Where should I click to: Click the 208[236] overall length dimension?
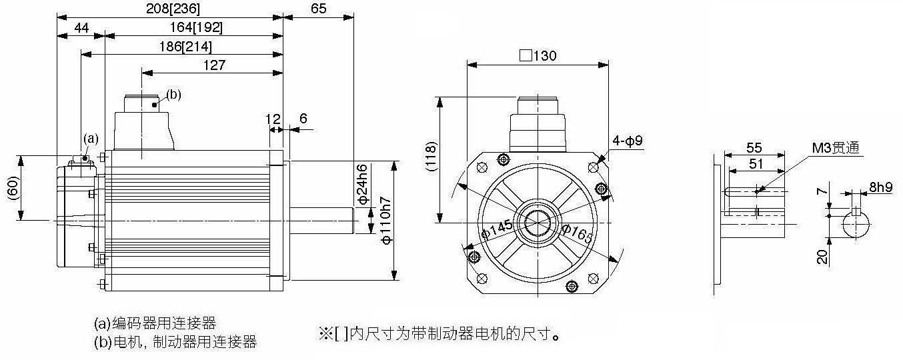click(173, 9)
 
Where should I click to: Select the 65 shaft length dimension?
click(319, 9)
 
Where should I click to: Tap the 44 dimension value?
click(81, 28)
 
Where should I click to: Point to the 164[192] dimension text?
click(196, 27)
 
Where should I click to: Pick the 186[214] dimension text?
click(185, 47)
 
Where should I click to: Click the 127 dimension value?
click(214, 65)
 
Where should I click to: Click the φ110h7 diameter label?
click(386, 220)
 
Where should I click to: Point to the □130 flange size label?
click(538, 55)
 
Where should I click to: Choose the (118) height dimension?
click(431, 157)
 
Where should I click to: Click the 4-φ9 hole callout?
click(628, 141)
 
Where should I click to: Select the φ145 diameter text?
click(497, 229)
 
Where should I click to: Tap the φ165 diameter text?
click(578, 233)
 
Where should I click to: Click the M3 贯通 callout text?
click(835, 148)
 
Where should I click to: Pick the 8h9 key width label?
click(881, 187)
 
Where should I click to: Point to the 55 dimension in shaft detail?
click(754, 147)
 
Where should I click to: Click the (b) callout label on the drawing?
click(174, 95)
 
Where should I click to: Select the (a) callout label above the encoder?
click(91, 139)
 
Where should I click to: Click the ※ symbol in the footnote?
click(325, 333)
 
